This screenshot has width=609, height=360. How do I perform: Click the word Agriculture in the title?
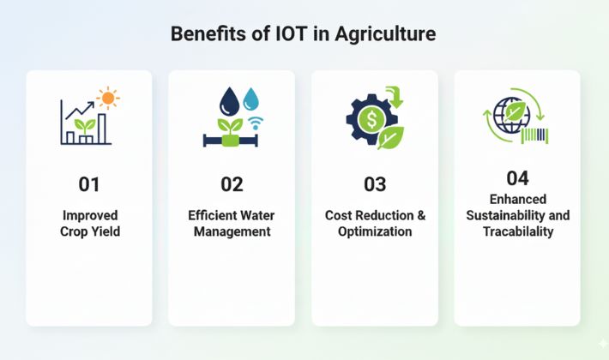tap(385, 34)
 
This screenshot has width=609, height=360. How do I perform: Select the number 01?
tap(89, 184)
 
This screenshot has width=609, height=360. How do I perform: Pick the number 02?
tap(232, 184)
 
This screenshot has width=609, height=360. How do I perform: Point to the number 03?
tap(375, 184)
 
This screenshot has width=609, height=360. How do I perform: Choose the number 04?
tap(518, 178)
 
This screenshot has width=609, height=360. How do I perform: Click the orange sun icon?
tap(108, 99)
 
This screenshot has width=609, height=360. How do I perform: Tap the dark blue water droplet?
tap(229, 101)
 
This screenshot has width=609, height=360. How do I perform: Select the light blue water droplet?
tap(251, 99)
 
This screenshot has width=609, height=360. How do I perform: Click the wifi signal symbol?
tap(255, 123)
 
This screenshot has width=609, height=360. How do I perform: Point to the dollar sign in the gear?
tap(371, 119)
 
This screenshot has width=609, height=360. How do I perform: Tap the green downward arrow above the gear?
tap(395, 98)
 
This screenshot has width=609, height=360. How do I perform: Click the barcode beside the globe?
tap(535, 135)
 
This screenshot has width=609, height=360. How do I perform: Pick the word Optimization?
tap(375, 231)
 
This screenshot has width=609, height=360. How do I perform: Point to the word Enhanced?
tap(518, 199)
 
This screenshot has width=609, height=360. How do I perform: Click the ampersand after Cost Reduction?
tap(421, 215)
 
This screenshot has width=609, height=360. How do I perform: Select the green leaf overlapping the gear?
tap(391, 138)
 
